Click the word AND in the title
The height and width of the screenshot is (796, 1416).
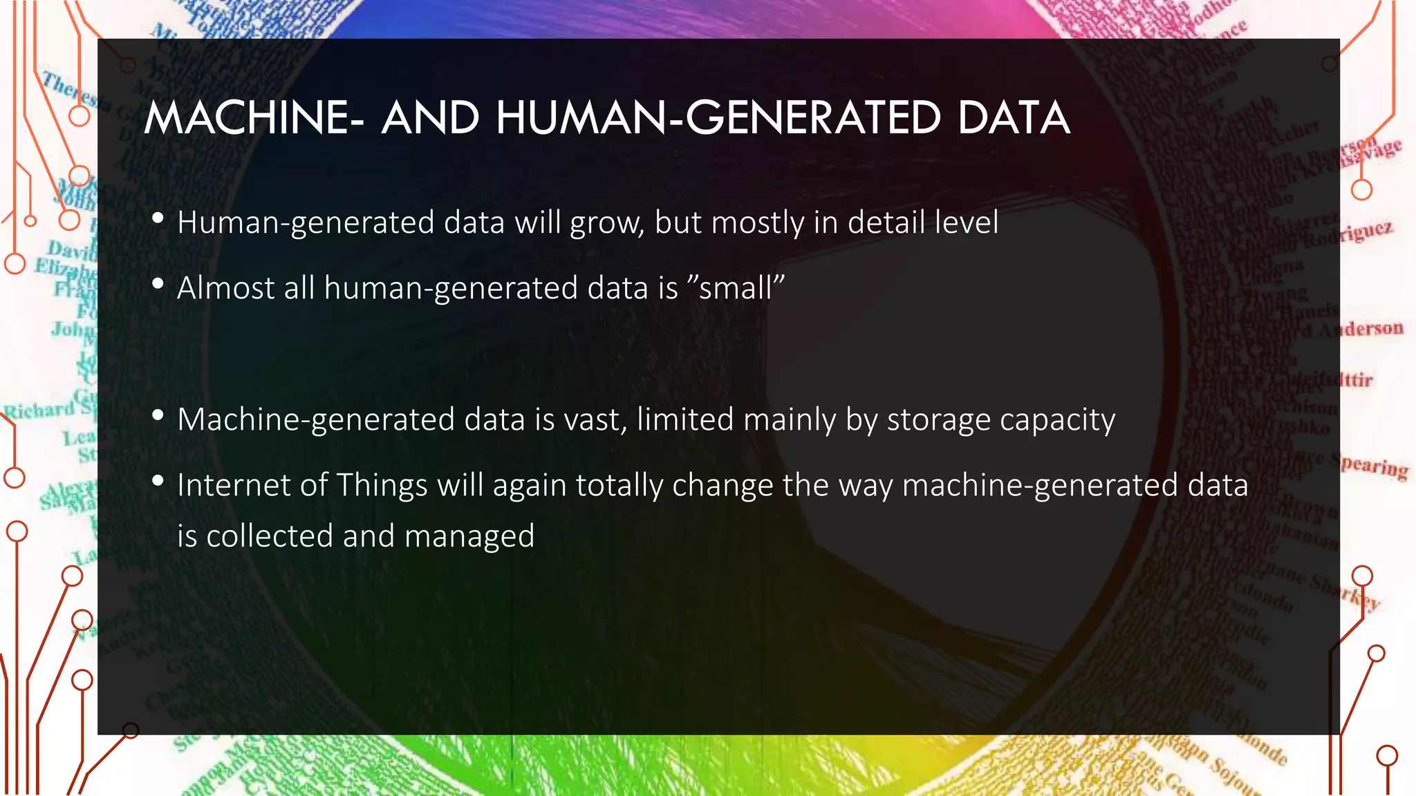tap(430, 117)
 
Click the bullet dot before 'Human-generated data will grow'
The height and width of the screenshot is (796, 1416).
tap(158, 218)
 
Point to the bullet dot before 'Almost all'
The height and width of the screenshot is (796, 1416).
tap(158, 283)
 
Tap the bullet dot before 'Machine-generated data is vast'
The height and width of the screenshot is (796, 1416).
tap(158, 415)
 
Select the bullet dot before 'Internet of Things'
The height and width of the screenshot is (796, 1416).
tap(158, 480)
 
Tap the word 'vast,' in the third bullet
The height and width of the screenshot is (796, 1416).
tap(596, 420)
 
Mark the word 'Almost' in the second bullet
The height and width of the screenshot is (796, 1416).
tap(225, 288)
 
